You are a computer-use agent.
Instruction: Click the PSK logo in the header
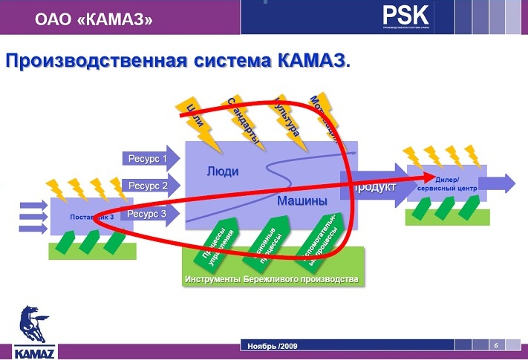tap(407, 16)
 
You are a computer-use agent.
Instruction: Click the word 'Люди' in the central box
tap(223, 171)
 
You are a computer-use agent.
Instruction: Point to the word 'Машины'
tap(302, 200)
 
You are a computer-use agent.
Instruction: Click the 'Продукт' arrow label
tap(375, 187)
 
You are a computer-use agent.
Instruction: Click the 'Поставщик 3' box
tap(91, 217)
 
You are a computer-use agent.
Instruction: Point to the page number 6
tap(495, 344)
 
